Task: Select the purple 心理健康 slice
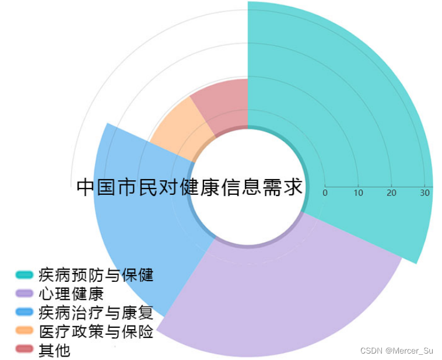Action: coord(280,292)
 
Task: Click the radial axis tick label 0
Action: coord(325,193)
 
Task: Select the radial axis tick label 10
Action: coord(358,193)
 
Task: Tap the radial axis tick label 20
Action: coord(391,193)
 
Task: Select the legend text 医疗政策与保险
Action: coord(96,331)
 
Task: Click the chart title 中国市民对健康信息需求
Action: coord(190,187)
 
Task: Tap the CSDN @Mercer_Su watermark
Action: coord(397,351)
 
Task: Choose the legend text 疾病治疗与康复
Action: coord(96,312)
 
